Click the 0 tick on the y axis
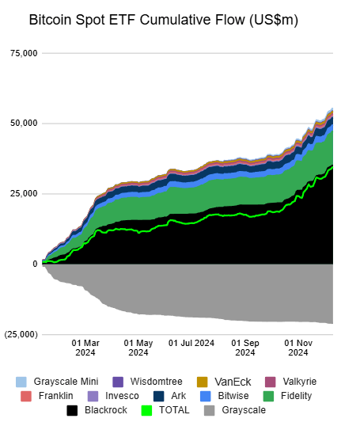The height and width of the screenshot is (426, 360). coord(34,264)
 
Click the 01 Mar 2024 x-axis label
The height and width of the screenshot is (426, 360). coord(85,348)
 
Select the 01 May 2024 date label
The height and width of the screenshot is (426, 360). coord(139,348)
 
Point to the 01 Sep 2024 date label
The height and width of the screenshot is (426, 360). coord(245,348)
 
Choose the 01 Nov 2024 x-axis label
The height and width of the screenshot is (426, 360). coord(298,348)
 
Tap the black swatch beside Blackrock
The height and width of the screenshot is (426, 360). coord(72,410)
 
